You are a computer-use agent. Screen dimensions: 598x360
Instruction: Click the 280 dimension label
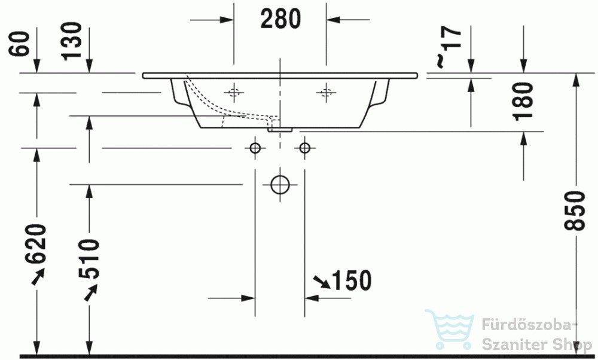pyautogui.click(x=280, y=19)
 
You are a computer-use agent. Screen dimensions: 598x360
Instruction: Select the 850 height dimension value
pyautogui.click(x=575, y=210)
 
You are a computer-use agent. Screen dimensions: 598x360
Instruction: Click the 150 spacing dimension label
pyautogui.click(x=352, y=280)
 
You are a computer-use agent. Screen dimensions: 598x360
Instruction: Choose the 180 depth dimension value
pyautogui.click(x=523, y=101)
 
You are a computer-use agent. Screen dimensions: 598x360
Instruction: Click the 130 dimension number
pyautogui.click(x=72, y=41)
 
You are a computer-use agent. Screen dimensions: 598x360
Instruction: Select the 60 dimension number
pyautogui.click(x=19, y=44)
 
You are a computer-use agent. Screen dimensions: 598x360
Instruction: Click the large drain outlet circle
pyautogui.click(x=280, y=185)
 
